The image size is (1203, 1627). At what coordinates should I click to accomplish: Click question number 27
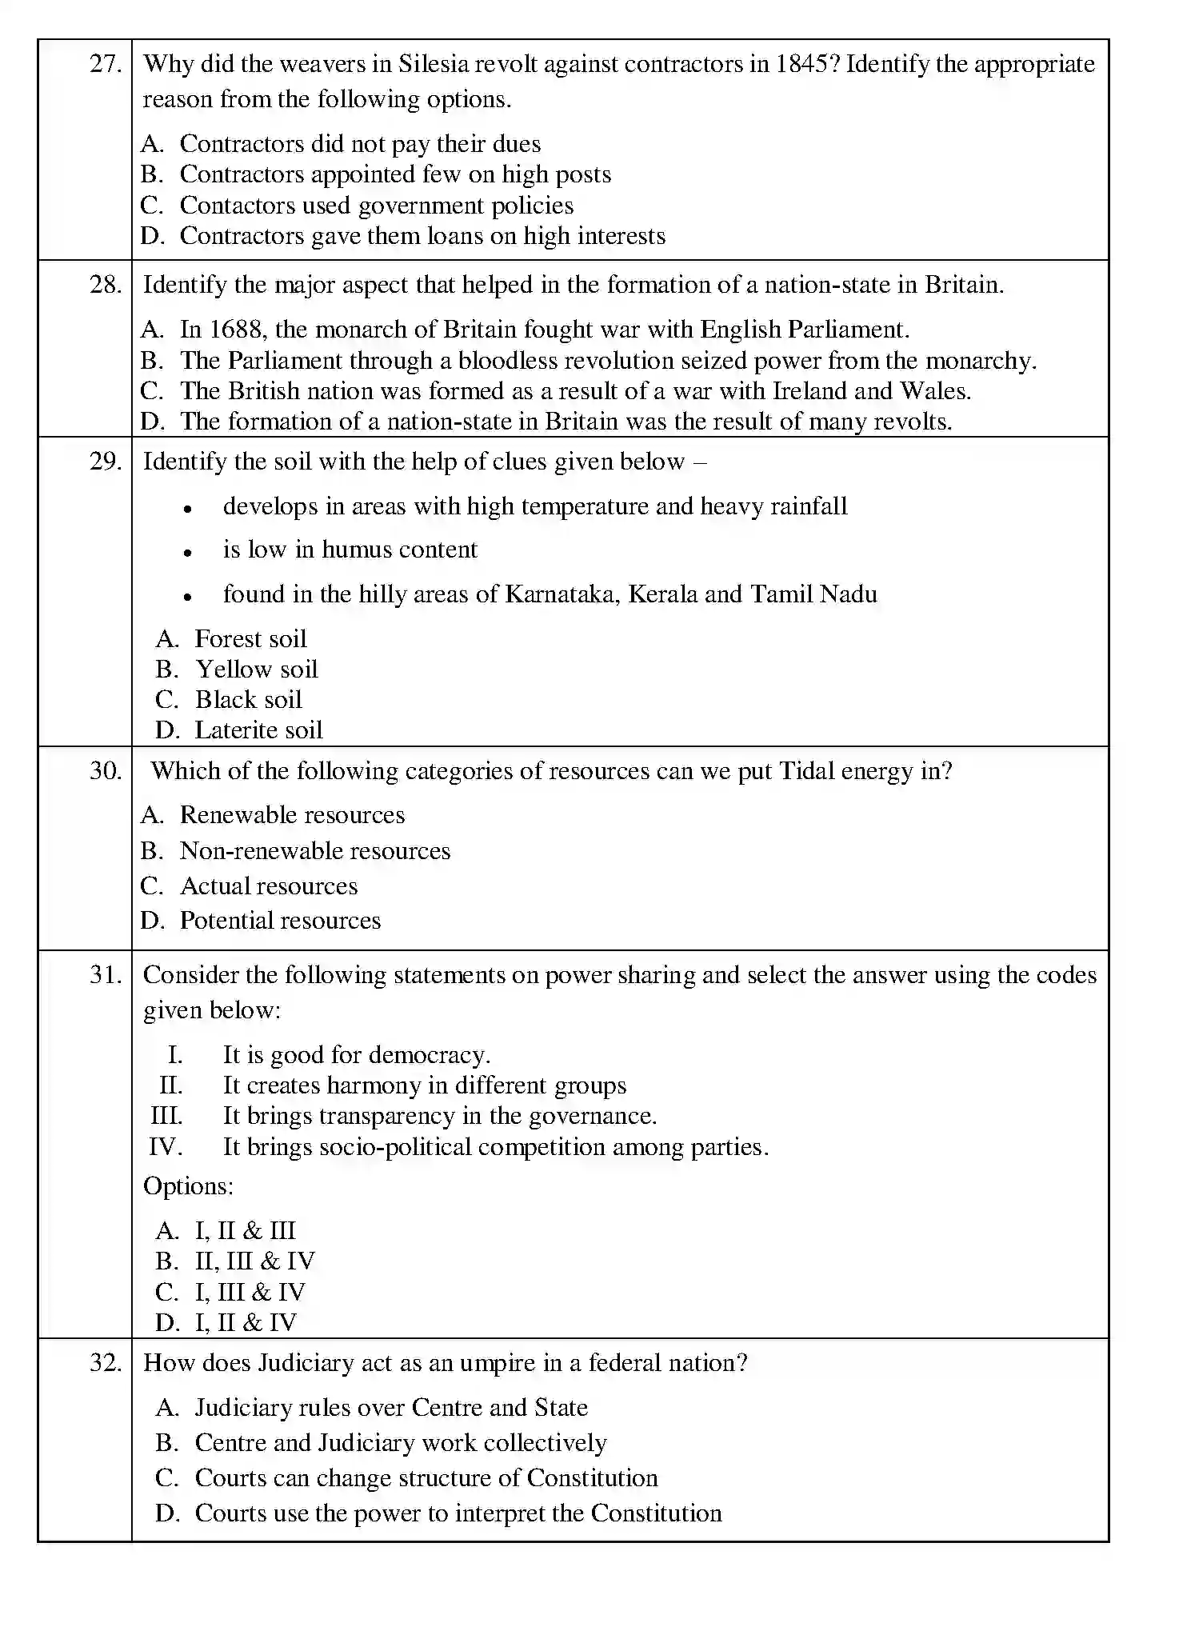(x=105, y=64)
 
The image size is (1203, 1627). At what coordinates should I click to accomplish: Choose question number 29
(x=105, y=462)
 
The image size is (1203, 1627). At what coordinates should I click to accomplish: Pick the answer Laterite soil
(x=258, y=730)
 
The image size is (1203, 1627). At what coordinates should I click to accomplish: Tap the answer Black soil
(x=248, y=700)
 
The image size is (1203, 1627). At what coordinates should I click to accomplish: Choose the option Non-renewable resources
(x=314, y=851)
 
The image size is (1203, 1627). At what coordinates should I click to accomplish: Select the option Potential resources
(x=280, y=921)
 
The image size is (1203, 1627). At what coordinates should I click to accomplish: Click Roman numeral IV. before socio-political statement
(x=166, y=1147)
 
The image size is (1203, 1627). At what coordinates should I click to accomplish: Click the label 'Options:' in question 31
(x=188, y=1186)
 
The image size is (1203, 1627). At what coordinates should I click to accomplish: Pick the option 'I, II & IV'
(x=245, y=1322)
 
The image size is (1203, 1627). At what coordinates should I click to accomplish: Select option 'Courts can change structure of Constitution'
(x=426, y=1478)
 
